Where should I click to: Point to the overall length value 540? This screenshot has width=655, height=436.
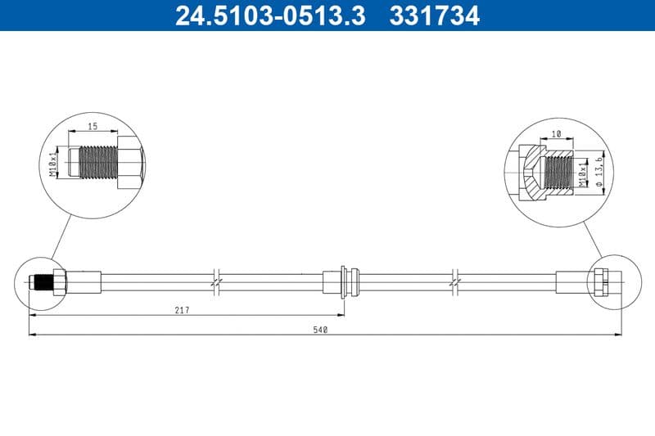(x=321, y=329)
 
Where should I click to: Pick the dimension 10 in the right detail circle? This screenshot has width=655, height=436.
(x=555, y=133)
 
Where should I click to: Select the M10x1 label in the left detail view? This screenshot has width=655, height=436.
(x=55, y=163)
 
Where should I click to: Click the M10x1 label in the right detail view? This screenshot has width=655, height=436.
(x=583, y=173)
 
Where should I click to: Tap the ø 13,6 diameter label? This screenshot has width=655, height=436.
(x=599, y=173)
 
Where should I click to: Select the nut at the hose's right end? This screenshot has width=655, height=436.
(x=600, y=281)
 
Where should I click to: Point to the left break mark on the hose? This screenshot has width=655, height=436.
(x=215, y=281)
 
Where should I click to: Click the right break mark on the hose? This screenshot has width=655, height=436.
(x=455, y=281)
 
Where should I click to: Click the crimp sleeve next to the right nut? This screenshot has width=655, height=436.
(x=573, y=281)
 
